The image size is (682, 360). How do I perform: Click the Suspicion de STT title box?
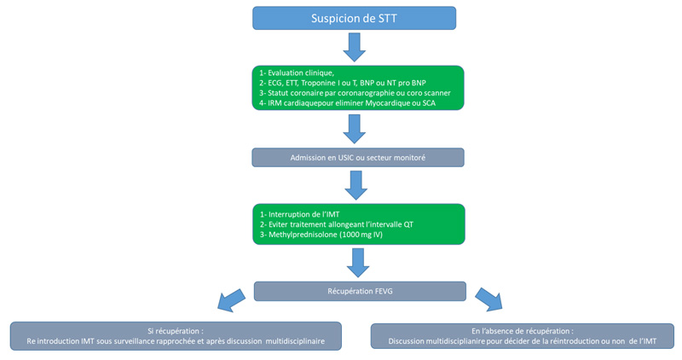(354, 18)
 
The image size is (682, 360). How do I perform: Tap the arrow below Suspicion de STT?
(355, 46)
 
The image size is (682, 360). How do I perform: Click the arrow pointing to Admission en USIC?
(355, 128)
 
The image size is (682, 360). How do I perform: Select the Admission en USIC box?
(358, 157)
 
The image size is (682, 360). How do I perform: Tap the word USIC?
(349, 157)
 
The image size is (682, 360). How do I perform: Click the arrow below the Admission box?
(355, 183)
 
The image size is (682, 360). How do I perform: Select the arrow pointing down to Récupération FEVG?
(359, 262)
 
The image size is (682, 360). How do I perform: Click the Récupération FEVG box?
(360, 291)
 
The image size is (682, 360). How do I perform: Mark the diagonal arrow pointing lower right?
(488, 299)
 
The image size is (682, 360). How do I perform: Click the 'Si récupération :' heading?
(176, 330)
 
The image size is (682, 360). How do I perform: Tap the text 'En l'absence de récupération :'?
(522, 330)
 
